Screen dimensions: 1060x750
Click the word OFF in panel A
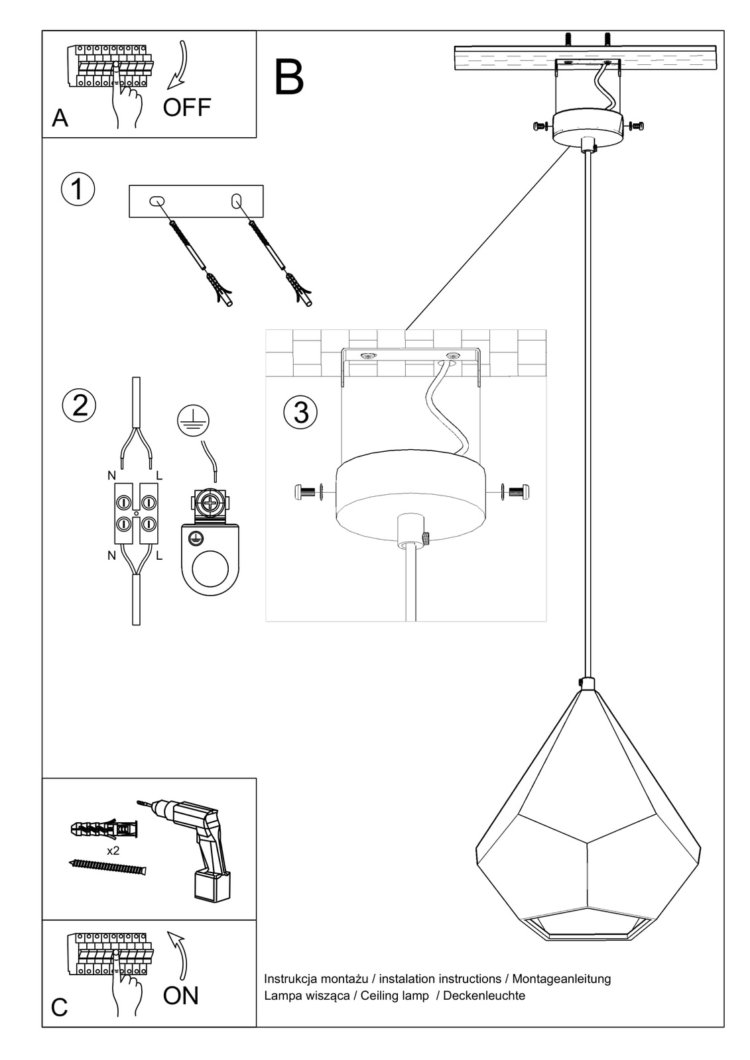click(186, 107)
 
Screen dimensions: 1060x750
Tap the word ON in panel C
click(180, 995)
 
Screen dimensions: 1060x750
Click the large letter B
click(288, 78)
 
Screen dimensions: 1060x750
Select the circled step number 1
click(78, 189)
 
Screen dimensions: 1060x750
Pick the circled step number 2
click(79, 405)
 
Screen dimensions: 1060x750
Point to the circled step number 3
click(300, 412)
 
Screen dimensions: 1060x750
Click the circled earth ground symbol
click(193, 420)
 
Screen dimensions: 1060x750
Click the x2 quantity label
click(113, 851)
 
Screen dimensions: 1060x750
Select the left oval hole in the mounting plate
click(157, 201)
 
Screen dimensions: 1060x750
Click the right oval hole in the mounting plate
click(237, 201)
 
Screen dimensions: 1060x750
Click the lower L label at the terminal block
click(159, 556)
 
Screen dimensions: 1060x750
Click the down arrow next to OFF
click(178, 66)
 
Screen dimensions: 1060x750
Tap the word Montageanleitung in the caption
click(562, 979)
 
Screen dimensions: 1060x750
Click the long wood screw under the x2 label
click(107, 866)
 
